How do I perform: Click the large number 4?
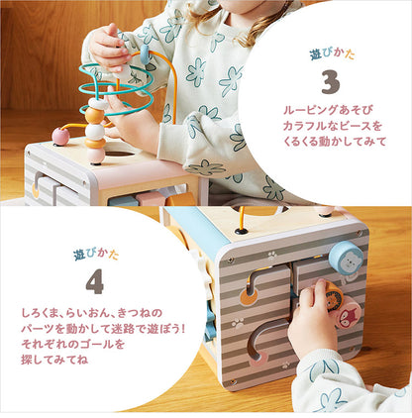[x=94, y=282]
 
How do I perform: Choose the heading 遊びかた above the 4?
[x=94, y=255]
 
